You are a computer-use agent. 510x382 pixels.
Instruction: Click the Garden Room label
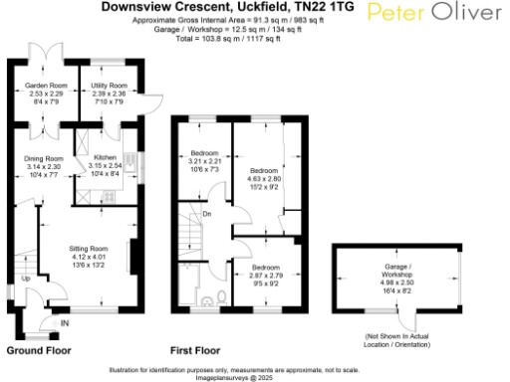point(44,87)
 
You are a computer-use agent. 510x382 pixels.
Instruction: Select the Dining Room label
point(44,158)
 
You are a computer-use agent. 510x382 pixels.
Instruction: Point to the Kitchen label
point(106,158)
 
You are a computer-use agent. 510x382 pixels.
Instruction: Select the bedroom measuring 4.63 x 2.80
point(264,171)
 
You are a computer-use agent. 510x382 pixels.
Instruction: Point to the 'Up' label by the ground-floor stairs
point(25,279)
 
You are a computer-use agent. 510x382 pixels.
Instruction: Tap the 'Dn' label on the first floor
point(206,213)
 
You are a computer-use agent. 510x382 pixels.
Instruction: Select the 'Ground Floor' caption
point(38,350)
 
